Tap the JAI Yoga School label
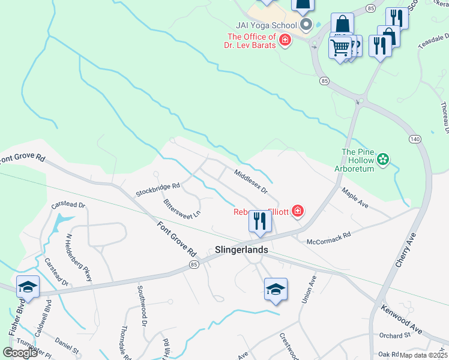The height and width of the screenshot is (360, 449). pos(267,25)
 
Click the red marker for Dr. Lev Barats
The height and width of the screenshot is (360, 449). pos(285,41)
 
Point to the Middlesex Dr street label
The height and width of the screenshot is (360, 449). pos(250,181)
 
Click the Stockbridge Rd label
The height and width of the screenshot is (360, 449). pos(157,190)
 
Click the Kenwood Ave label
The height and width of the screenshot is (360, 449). pos(402,320)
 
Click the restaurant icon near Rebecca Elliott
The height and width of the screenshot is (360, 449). pos(260,221)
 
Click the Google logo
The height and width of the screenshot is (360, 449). pos(20,353)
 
